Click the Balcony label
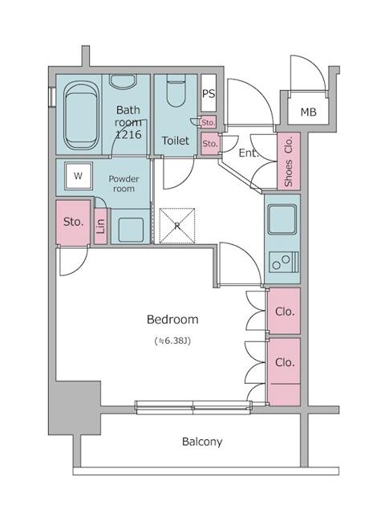point(201,442)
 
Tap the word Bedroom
point(172,320)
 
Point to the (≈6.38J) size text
point(172,341)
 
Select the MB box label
point(308,112)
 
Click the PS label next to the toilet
point(208,94)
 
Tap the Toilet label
point(175,141)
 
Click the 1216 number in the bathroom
point(128,135)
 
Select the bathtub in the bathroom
point(77,116)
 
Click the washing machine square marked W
point(78,175)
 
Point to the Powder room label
point(124,184)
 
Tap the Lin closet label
point(100,227)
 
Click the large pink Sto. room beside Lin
point(73,221)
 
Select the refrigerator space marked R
point(177,224)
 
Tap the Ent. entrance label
point(247,152)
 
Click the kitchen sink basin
point(282,219)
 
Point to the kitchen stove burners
point(283,261)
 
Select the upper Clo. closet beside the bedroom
point(284,312)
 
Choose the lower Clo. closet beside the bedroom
point(284,363)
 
